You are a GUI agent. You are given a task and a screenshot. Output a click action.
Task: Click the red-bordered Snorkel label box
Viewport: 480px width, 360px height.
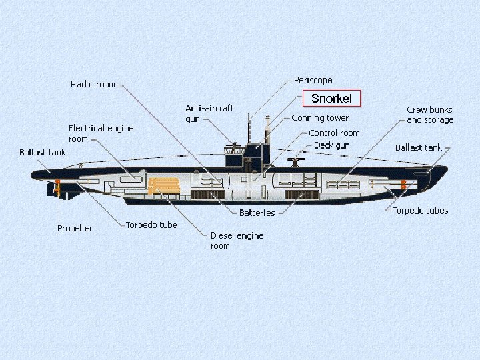[x=331, y=99]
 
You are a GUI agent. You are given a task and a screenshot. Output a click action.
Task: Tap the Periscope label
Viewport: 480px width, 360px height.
[x=313, y=80]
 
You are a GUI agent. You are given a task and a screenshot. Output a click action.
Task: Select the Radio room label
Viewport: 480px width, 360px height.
[x=93, y=85]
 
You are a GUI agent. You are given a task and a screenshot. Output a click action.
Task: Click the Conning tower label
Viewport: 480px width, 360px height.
[x=320, y=118]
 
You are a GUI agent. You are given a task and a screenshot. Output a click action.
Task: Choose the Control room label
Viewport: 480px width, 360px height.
[x=334, y=133]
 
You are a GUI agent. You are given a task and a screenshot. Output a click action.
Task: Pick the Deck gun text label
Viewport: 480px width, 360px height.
[x=331, y=145]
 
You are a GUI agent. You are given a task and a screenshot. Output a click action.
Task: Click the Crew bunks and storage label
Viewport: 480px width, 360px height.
[x=429, y=115]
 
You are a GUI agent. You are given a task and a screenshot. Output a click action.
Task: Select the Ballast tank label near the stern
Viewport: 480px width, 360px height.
[x=43, y=153]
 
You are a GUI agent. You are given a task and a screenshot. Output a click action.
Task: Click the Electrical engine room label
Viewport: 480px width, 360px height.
[x=101, y=133]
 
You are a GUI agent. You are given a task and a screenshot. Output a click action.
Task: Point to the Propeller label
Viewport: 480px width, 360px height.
[x=75, y=229]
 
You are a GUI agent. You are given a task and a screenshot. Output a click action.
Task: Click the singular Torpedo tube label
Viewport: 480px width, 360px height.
[x=151, y=225]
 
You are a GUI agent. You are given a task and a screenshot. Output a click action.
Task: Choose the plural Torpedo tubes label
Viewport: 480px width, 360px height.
[x=420, y=211]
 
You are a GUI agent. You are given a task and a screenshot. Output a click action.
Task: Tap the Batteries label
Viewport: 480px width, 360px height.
[x=257, y=213]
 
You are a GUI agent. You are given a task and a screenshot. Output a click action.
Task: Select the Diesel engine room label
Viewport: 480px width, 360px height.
[x=237, y=241]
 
